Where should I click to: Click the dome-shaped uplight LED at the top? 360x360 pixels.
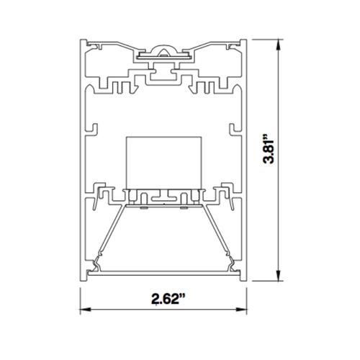(x=163, y=51)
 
